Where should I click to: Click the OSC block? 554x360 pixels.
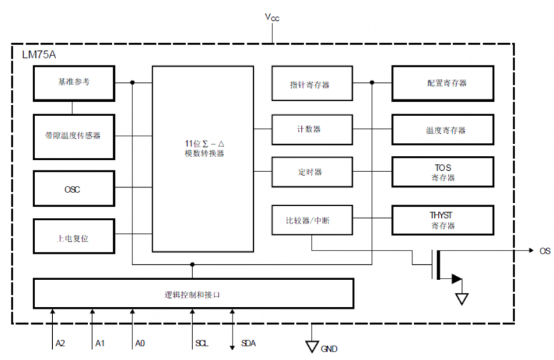click(x=74, y=188)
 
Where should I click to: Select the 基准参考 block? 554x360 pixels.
click(x=74, y=83)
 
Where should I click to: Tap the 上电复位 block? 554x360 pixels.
click(x=74, y=236)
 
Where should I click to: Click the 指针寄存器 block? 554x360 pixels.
click(x=312, y=83)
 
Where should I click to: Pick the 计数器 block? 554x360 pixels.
click(x=312, y=129)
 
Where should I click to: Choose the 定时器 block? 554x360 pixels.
click(x=312, y=172)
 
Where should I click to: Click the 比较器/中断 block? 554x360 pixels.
click(x=312, y=220)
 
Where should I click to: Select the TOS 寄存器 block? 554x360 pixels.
click(x=443, y=172)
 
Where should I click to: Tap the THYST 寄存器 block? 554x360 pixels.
click(x=443, y=220)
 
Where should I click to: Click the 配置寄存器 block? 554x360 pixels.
click(x=443, y=83)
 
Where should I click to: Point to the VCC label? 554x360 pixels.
click(x=272, y=17)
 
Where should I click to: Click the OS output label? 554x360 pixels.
click(x=545, y=250)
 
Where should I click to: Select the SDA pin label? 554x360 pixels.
click(x=248, y=343)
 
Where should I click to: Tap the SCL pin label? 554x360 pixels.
click(x=202, y=343)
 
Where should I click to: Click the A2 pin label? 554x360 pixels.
click(x=61, y=343)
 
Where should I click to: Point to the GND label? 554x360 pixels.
click(x=329, y=349)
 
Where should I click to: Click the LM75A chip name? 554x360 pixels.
click(x=39, y=55)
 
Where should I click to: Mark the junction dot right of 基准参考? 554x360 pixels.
click(x=132, y=82)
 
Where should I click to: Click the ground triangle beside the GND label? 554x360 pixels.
click(x=312, y=346)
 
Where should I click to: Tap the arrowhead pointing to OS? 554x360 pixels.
click(x=531, y=250)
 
